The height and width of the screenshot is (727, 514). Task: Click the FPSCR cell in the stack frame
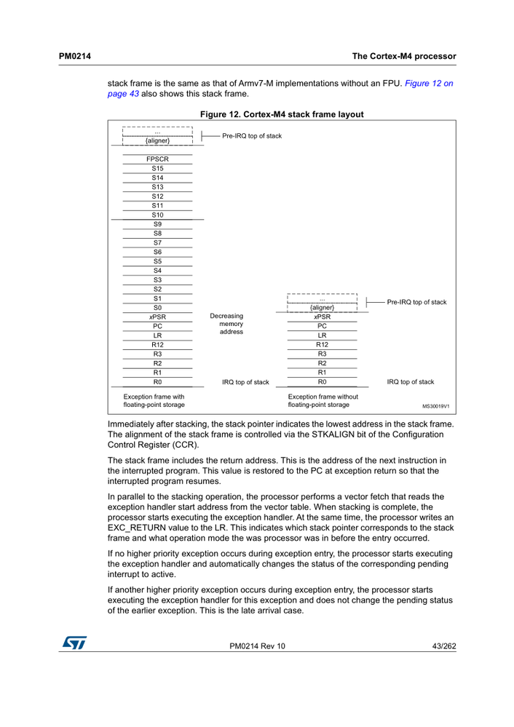coord(157,159)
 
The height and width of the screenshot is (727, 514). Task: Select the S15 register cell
coord(157,168)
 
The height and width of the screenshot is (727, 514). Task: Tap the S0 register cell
coord(157,308)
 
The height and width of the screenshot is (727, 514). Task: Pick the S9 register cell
coord(157,224)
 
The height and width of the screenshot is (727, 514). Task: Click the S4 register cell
coord(157,271)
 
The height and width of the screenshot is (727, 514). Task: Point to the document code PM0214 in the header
coord(74,56)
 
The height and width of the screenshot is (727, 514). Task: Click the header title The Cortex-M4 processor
coord(403,56)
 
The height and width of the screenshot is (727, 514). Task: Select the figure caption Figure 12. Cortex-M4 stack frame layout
coord(281,114)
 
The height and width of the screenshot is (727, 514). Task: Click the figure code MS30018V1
coord(435,406)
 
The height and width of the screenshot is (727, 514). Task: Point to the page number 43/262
coord(441,646)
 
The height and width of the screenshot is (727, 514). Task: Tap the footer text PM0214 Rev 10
coord(257,646)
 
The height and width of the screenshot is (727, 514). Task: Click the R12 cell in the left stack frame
coord(157,345)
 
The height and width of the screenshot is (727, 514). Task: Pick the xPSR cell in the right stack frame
coord(322,317)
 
